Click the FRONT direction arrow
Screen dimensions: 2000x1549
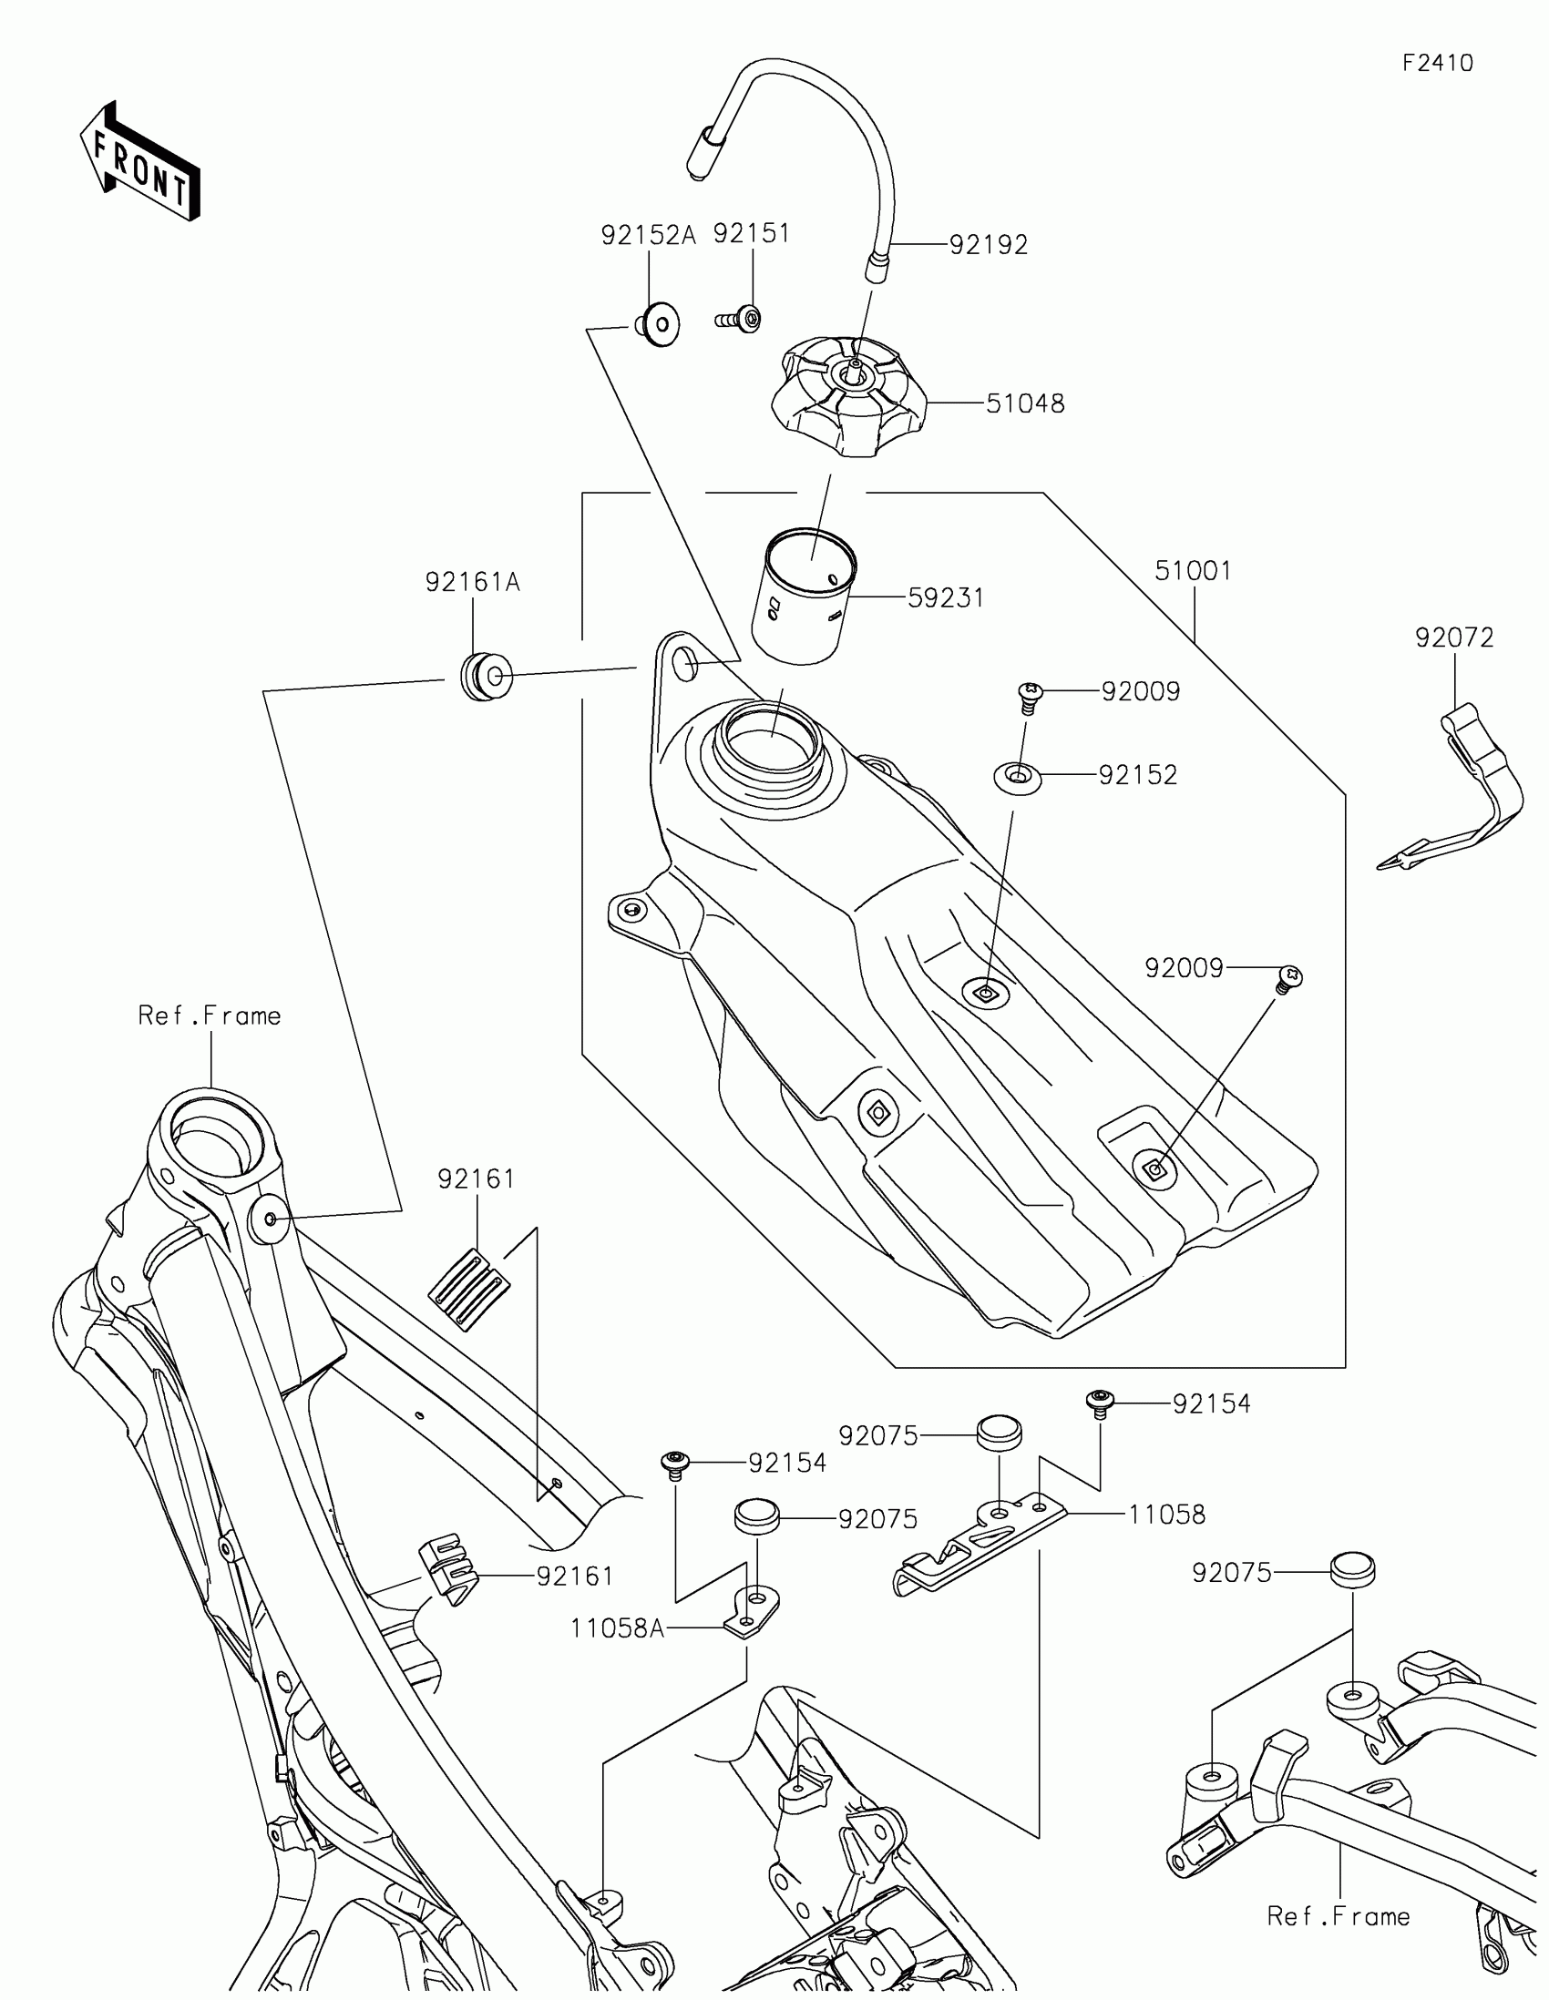pyautogui.click(x=140, y=162)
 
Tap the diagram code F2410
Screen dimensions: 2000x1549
pyautogui.click(x=1437, y=63)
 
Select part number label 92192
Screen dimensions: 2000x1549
pyautogui.click(x=989, y=245)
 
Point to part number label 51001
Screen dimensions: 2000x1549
pyautogui.click(x=1193, y=571)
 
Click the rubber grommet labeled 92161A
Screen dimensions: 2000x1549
pyautogui.click(x=486, y=677)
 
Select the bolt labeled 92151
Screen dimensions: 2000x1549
pyautogui.click(x=740, y=320)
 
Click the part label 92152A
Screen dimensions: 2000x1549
pyautogui.click(x=649, y=235)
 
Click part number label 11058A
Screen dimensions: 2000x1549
pyautogui.click(x=617, y=1628)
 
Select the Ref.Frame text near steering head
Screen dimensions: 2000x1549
pyautogui.click(x=210, y=1015)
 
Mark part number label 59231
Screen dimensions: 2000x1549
pyautogui.click(x=945, y=598)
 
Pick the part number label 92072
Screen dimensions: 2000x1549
pyautogui.click(x=1453, y=638)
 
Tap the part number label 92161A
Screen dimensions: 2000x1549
pyautogui.click(x=472, y=582)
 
